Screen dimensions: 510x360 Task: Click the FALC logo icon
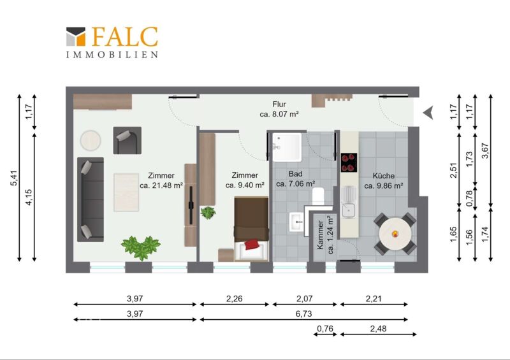pos(76,36)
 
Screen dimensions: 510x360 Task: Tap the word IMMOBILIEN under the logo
pos(112,54)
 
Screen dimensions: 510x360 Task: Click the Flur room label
pos(279,104)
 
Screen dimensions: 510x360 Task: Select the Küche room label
pos(384,176)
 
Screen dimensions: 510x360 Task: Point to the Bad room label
pos(295,174)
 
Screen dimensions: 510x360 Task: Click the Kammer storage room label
pos(321,235)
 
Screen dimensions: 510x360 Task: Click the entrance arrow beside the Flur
pos(428,113)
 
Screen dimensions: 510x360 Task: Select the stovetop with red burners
pos(349,162)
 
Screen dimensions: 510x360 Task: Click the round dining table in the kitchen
pos(395,233)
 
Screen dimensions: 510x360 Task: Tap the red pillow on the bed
pos(252,244)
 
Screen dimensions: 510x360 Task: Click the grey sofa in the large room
pos(91,199)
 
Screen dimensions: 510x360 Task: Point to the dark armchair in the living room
pos(127,140)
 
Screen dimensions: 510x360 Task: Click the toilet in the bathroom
pos(318,196)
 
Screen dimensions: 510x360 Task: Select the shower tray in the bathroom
pos(287,147)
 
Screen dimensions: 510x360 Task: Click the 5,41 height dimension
pos(14,178)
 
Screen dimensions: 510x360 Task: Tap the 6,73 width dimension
pos(303,313)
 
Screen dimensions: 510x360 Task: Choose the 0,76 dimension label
pos(325,328)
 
